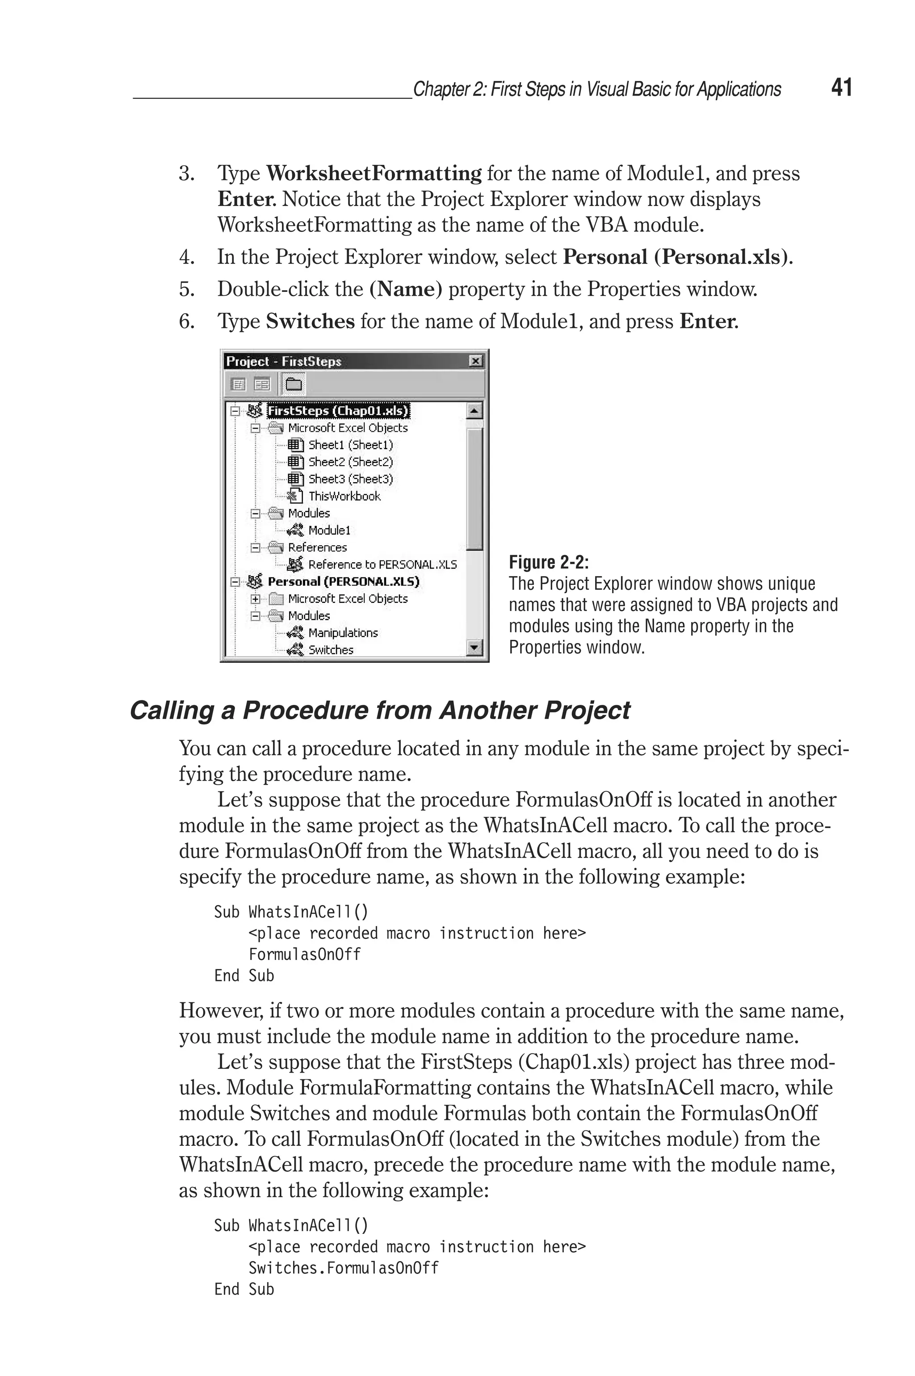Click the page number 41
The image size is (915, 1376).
tap(841, 88)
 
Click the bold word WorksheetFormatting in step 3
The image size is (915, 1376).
tap(374, 173)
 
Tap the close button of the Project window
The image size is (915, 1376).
tap(475, 361)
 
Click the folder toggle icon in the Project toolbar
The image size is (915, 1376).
tap(294, 384)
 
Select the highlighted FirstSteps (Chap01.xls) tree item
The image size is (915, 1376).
tap(338, 411)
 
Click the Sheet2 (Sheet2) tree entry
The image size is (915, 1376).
tap(350, 462)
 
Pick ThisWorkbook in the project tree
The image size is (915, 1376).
tap(344, 496)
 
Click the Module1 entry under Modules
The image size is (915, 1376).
tap(329, 530)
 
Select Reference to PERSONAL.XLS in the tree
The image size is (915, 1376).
tap(382, 564)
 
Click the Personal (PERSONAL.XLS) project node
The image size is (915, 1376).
tap(343, 582)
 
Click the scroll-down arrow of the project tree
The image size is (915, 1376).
tap(474, 647)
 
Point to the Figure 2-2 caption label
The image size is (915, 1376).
tap(549, 563)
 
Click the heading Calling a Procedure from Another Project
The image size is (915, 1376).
tap(379, 710)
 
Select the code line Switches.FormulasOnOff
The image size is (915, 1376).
tap(343, 1268)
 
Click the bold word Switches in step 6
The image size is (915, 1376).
tap(310, 321)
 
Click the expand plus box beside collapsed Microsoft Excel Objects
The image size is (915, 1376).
tap(255, 599)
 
